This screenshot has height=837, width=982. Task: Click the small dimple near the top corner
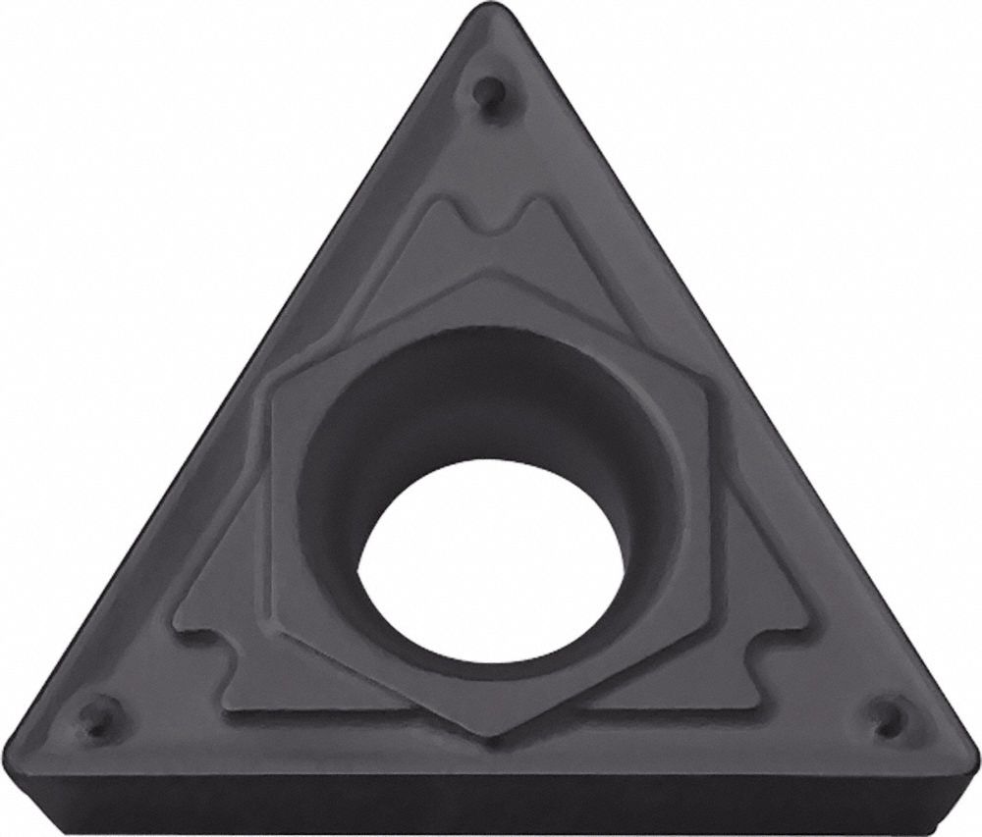484,95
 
